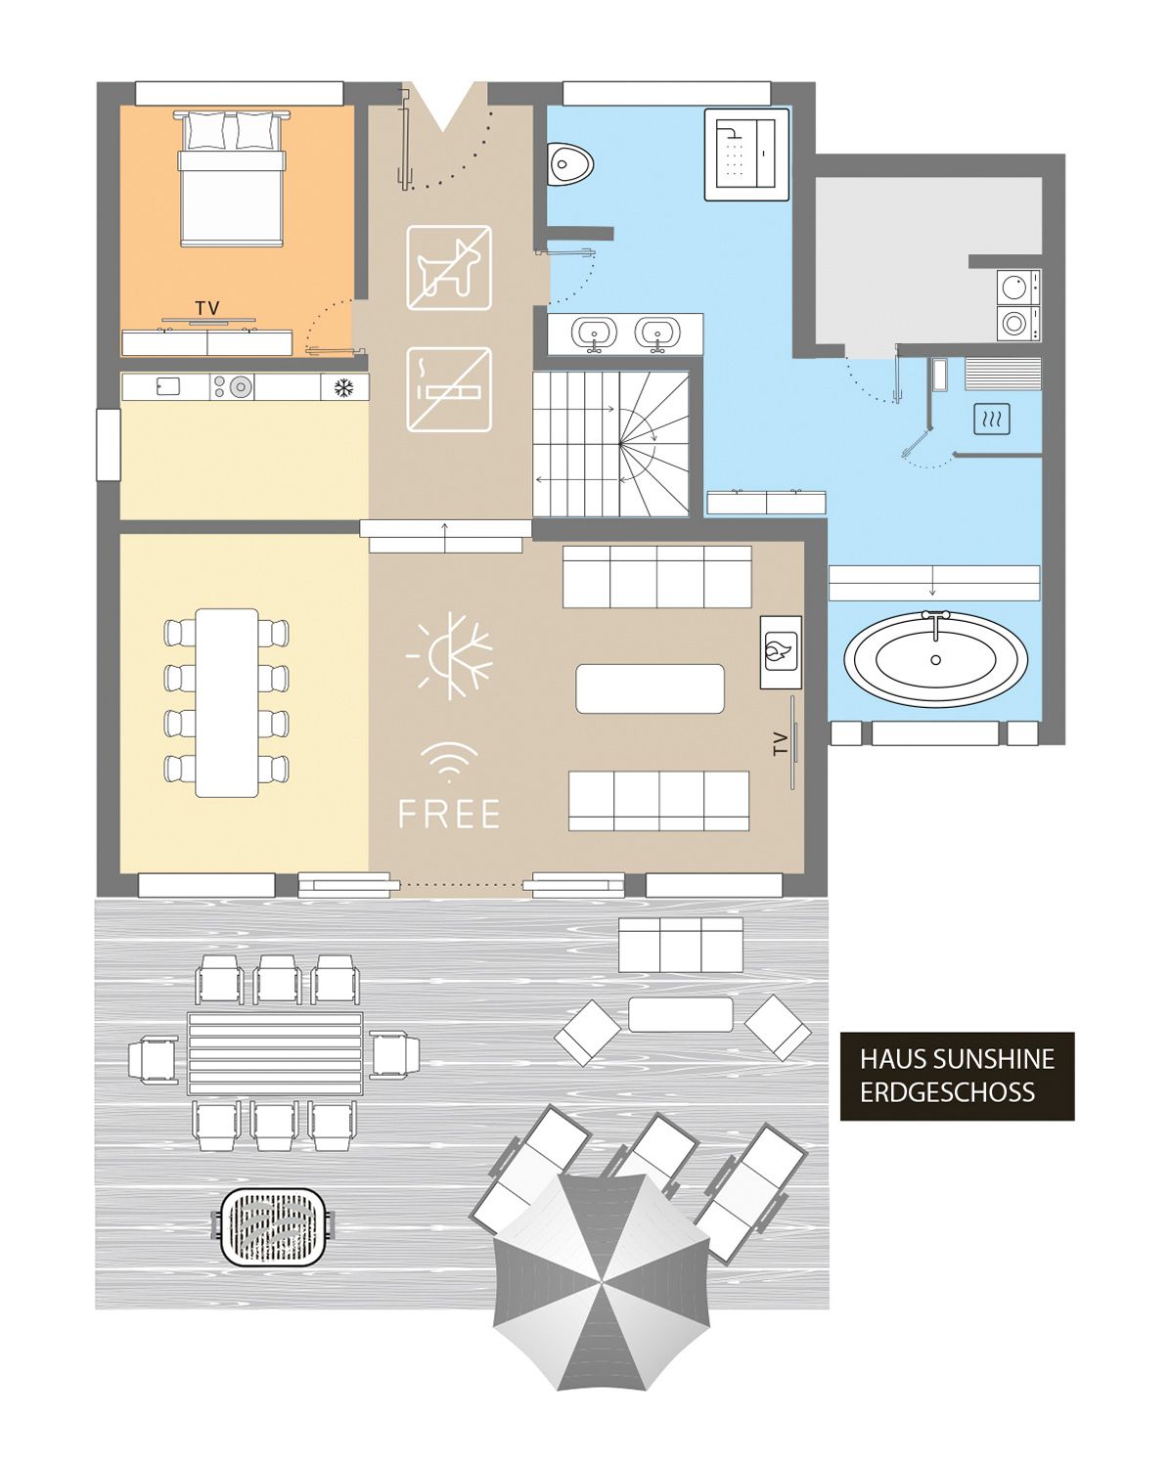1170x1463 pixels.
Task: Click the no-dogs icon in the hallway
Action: point(449,268)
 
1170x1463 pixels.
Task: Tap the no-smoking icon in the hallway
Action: point(449,389)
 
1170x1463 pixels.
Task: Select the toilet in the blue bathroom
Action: point(570,164)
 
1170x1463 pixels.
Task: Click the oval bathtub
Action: point(936,659)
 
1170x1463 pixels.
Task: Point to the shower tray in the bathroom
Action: point(746,155)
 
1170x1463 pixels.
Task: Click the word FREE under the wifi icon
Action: point(450,814)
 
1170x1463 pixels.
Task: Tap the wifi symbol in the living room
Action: point(450,761)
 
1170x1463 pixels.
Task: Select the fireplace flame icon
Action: point(781,652)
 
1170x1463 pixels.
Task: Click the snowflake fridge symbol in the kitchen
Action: point(343,388)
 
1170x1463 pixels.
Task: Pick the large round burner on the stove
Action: point(240,387)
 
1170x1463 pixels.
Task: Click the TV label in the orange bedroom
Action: point(208,309)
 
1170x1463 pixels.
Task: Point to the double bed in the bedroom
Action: point(231,178)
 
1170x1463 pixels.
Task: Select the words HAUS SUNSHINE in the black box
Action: point(957,1059)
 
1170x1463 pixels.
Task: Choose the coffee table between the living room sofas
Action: point(651,688)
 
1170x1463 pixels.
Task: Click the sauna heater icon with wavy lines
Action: point(992,419)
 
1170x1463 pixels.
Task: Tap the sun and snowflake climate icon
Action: point(450,656)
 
